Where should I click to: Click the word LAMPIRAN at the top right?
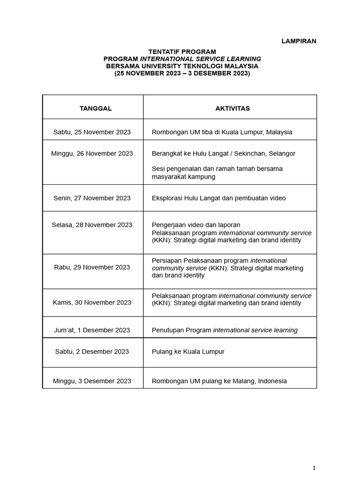click(299, 41)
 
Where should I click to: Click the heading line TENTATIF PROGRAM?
click(182, 52)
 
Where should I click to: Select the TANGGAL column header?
click(96, 108)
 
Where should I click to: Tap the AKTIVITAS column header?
click(232, 108)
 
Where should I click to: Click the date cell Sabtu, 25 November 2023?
click(92, 132)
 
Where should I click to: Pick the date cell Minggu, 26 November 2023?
click(92, 154)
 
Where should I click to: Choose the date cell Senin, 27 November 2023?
click(92, 198)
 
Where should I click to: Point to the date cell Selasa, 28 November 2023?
click(92, 225)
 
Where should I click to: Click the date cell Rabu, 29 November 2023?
click(92, 267)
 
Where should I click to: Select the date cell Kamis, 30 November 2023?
click(92, 302)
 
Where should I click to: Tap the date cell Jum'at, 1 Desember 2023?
click(92, 330)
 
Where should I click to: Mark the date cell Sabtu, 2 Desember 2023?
click(92, 352)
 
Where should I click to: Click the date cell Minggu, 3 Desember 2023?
click(92, 381)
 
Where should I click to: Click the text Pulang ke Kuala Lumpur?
click(188, 352)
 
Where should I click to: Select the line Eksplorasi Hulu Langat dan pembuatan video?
click(218, 198)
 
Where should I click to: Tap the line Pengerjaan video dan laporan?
click(196, 225)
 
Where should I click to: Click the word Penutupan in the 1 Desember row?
click(167, 330)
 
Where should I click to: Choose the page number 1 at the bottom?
click(315, 468)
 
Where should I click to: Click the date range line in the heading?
click(182, 74)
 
